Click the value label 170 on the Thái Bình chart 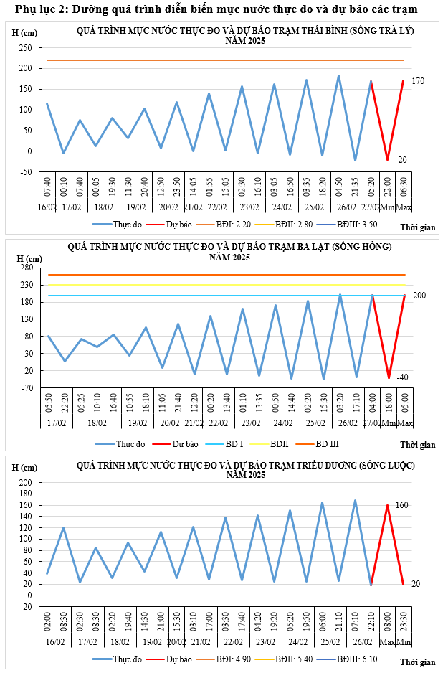pyautogui.click(x=418, y=82)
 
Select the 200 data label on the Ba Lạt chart pyautogui.click(x=420, y=296)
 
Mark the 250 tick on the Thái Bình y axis pyautogui.click(x=26, y=48)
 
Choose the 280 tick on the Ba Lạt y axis pyautogui.click(x=27, y=268)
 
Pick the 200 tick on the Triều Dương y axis pyautogui.click(x=25, y=484)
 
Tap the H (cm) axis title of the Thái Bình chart pyautogui.click(x=26, y=34)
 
